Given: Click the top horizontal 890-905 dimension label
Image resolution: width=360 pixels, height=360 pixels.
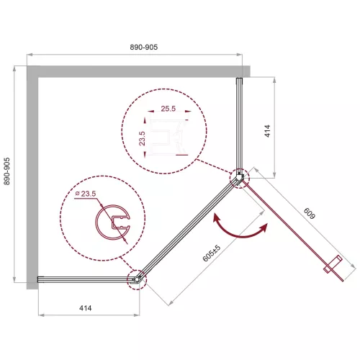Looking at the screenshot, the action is [144, 47].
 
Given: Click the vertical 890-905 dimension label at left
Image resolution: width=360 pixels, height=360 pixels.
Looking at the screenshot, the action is [6, 171].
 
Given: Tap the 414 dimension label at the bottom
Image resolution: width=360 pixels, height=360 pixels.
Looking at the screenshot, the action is [86, 308].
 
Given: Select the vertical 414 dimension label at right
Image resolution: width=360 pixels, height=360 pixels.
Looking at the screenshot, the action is [267, 131].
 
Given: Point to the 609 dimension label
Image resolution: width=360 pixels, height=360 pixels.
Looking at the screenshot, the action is [309, 213].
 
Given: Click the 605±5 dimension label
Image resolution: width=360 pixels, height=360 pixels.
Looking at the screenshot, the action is [212, 253].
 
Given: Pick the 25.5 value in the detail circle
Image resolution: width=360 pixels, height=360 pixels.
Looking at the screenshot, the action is [168, 109].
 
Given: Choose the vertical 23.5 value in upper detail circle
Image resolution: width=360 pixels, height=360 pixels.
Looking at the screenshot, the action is [142, 138].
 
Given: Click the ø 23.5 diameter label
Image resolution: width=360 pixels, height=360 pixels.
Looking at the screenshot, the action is [86, 194].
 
